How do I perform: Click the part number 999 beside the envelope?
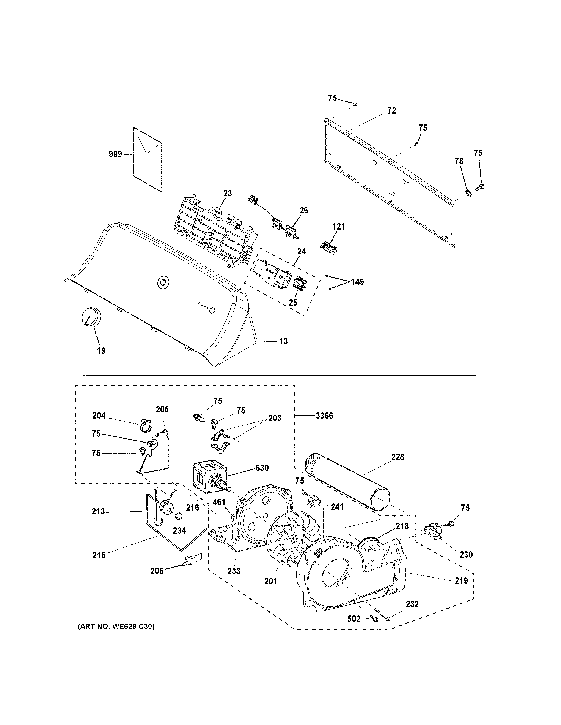[x=115, y=154]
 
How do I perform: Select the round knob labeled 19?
[x=90, y=318]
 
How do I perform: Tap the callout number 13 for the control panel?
[x=283, y=341]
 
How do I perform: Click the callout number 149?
[x=357, y=282]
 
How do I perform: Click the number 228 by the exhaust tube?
[x=397, y=457]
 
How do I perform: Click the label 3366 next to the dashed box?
[x=324, y=416]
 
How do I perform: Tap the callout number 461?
[x=219, y=511]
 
